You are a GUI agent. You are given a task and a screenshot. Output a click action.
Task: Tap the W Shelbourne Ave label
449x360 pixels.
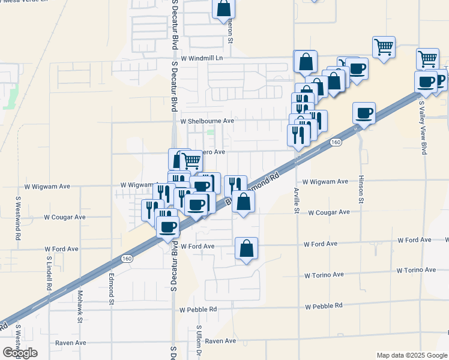[x=206, y=121]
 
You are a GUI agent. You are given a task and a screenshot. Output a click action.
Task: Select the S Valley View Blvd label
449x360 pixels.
[x=423, y=128]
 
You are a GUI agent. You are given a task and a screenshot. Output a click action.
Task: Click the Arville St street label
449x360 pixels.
[x=297, y=200]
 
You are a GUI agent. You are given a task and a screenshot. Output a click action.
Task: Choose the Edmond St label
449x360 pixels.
[x=112, y=290]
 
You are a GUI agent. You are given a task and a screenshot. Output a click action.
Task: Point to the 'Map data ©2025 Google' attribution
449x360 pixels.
[x=412, y=355]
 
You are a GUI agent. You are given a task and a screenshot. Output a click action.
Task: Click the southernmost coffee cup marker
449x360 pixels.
[x=167, y=227]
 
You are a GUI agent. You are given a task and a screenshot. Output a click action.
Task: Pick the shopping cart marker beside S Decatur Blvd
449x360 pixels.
[x=191, y=160]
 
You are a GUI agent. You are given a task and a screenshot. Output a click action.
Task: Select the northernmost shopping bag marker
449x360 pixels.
[x=223, y=8]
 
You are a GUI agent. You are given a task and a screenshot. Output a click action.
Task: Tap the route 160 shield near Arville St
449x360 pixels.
[x=336, y=142]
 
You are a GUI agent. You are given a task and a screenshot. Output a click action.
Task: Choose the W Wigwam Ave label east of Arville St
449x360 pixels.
[x=325, y=181]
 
